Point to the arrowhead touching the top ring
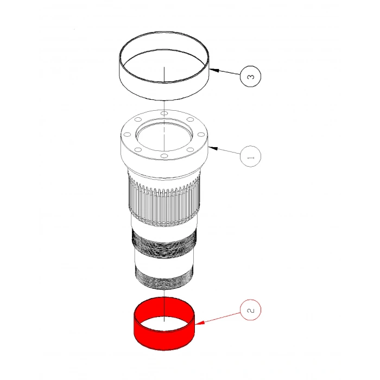(213, 69)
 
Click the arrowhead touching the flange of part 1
(213, 147)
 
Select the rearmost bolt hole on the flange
(164, 113)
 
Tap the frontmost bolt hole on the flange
(164, 157)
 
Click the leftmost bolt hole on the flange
(127, 135)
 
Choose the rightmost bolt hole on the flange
(201, 135)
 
